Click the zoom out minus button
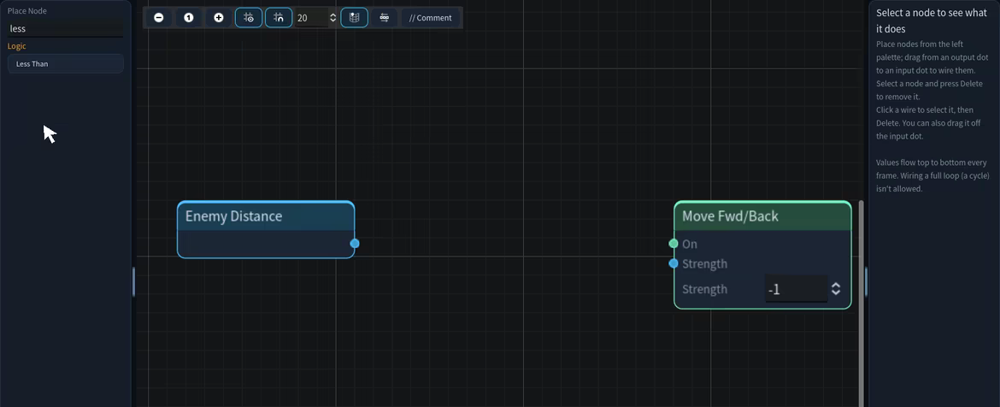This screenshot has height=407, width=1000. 159,18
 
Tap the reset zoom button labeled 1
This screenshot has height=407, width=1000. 189,18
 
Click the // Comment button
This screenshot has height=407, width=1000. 431,18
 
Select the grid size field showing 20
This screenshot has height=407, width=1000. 311,18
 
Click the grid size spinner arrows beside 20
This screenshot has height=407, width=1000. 333,18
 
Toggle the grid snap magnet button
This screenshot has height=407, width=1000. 279,18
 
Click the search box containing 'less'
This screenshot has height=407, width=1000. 65,29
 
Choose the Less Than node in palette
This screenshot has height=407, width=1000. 65,64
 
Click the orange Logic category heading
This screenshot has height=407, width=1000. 16,46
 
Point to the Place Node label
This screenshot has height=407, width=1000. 26,11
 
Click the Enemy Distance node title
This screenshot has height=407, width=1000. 233,216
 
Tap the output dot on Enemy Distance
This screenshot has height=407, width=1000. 355,243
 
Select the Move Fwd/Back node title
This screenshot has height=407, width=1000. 730,216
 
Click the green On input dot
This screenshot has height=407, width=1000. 674,244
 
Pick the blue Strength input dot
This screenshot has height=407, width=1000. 674,263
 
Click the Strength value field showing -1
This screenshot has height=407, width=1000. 797,289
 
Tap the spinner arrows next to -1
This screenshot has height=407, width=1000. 836,289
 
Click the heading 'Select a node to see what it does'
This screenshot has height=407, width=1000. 932,21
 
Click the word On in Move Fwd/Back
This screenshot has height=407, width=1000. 690,244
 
